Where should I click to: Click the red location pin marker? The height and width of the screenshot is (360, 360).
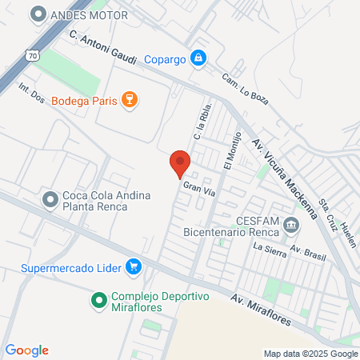(x=180, y=163)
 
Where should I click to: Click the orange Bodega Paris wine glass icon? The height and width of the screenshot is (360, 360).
(x=129, y=100)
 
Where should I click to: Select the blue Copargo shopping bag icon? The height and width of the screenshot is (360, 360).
(x=198, y=58)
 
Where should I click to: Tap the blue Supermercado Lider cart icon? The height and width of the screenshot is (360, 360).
(x=134, y=266)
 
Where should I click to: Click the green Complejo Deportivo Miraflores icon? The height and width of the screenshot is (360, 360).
(x=99, y=301)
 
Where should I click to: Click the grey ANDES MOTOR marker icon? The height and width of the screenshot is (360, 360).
(x=37, y=14)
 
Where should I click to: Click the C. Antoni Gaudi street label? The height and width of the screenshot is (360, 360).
(x=104, y=49)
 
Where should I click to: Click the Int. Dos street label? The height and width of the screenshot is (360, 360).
(x=31, y=93)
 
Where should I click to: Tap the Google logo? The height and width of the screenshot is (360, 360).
(x=27, y=350)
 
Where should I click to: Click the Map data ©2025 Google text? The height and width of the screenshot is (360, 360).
(x=311, y=354)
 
